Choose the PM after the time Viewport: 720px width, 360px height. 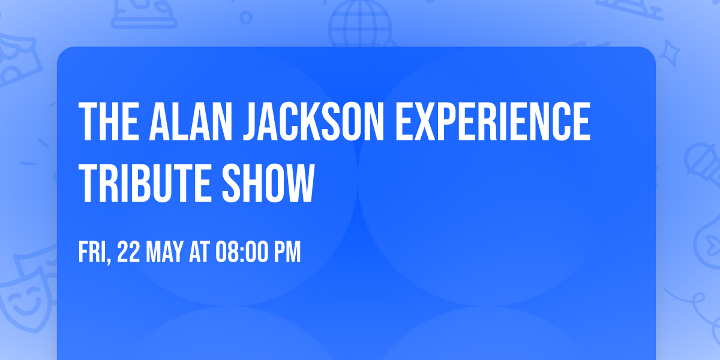[x=286, y=253]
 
